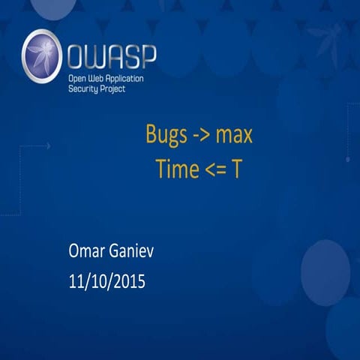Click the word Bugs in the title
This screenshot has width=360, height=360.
[x=165, y=136]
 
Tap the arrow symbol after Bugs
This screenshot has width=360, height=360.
[x=201, y=137]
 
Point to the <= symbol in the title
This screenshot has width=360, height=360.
[x=216, y=170]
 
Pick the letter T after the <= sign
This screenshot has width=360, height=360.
[x=238, y=169]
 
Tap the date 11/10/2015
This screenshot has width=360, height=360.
[x=106, y=283]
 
